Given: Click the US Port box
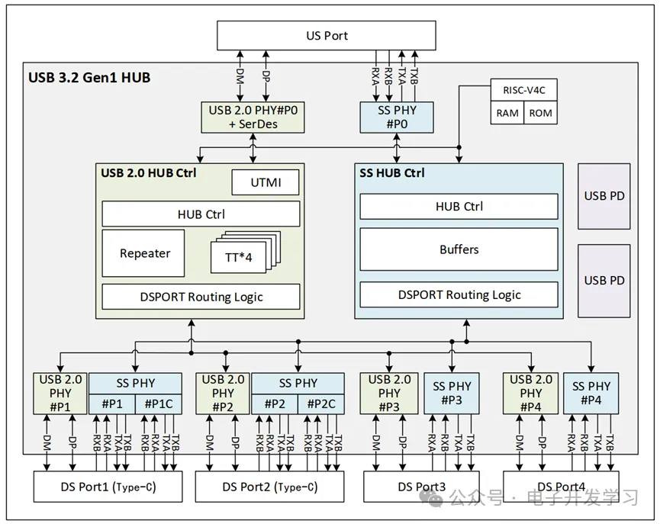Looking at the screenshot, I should point(327,36).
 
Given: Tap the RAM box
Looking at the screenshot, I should point(507,113).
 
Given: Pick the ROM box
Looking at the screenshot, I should point(540,113).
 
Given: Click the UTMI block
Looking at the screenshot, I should point(266,183).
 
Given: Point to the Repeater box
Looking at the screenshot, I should point(144,253).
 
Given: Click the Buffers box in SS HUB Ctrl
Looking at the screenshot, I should point(459,249).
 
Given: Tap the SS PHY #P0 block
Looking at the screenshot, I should point(398,117).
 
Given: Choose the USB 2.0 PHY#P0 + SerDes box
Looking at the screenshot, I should point(253,117).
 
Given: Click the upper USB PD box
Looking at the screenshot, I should point(604,196).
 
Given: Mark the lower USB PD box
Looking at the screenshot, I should point(604,280).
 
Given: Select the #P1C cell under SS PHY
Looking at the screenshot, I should point(159,404).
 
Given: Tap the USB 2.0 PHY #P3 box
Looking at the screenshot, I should point(389,393).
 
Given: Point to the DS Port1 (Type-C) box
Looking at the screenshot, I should point(108,487).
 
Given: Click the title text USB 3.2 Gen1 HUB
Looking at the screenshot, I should point(89,77).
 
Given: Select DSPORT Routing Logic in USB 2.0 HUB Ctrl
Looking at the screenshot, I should point(201,297).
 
